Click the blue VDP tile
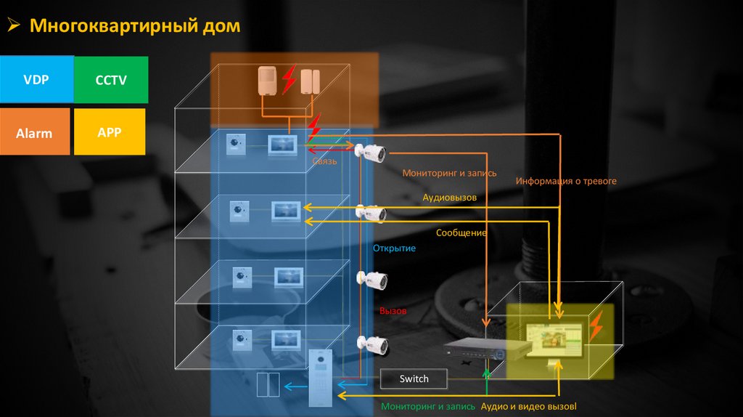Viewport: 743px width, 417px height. tap(36, 78)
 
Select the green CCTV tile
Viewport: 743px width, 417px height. tap(111, 79)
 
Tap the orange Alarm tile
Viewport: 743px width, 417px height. tap(35, 132)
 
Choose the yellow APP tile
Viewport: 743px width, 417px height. tap(110, 131)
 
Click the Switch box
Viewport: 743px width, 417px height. tap(414, 378)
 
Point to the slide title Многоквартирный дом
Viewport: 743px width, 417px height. tap(134, 27)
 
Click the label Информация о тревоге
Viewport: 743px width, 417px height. tap(566, 180)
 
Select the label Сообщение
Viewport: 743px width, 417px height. tap(461, 233)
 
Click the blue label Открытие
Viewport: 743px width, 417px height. tap(394, 248)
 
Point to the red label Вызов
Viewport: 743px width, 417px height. tap(393, 310)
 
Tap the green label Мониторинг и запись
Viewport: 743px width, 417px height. tap(428, 406)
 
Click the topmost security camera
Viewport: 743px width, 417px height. tap(371, 152)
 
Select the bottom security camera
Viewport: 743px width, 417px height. tap(372, 345)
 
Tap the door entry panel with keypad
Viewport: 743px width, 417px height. tap(319, 378)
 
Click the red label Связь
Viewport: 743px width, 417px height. tap(324, 161)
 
